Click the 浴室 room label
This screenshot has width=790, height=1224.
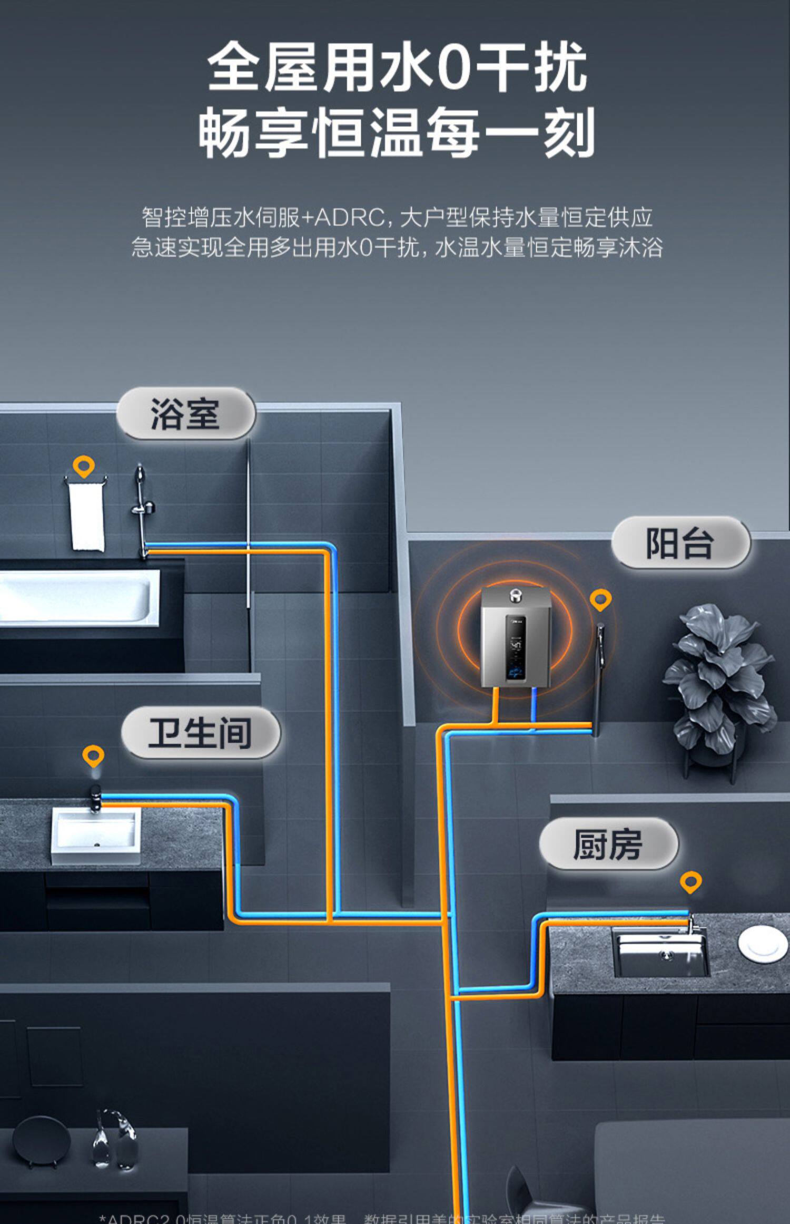185,414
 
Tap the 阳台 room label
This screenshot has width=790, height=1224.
680,543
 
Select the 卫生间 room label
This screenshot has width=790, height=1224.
200,733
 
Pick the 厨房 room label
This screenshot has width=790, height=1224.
608,844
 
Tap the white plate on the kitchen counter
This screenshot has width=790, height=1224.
763,944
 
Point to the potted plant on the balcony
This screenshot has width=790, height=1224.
719,680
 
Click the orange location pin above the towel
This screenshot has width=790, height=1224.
84,466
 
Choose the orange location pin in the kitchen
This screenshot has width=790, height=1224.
690,881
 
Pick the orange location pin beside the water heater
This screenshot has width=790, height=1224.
600,599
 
